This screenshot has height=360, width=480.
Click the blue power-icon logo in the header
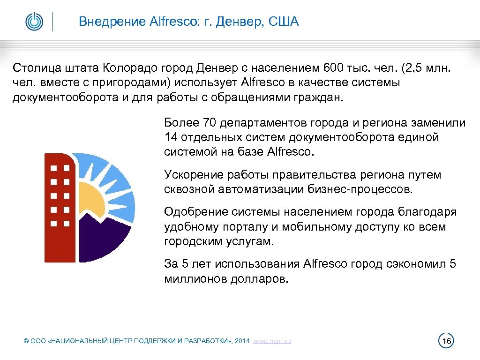34,22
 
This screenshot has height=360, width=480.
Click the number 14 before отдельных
170,137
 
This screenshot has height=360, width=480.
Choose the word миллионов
196,279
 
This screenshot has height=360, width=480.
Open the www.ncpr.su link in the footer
272,341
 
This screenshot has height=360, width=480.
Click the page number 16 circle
446,341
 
